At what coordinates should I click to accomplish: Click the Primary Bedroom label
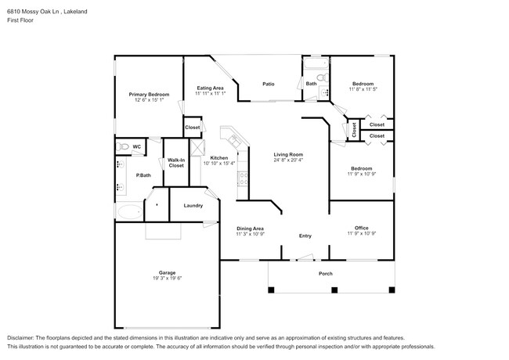pos(149,94)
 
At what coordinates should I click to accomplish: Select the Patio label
pos(268,84)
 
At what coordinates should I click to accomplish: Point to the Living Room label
pos(288,154)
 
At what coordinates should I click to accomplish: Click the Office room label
pos(361,228)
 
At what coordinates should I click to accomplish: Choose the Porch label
pos(325,273)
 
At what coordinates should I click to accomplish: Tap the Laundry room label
pos(193,206)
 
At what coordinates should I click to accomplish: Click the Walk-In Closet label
pos(176,163)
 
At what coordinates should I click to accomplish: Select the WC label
pos(136,146)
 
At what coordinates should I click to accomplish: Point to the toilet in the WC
pos(121,146)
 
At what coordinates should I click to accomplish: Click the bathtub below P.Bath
pos(128,211)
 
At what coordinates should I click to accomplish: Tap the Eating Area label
pos(210,88)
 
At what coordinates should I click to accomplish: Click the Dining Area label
pos(250,228)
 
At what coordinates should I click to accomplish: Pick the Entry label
pos(305,236)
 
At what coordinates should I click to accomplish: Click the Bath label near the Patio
pos(311,84)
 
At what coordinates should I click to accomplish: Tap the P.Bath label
pos(143,175)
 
